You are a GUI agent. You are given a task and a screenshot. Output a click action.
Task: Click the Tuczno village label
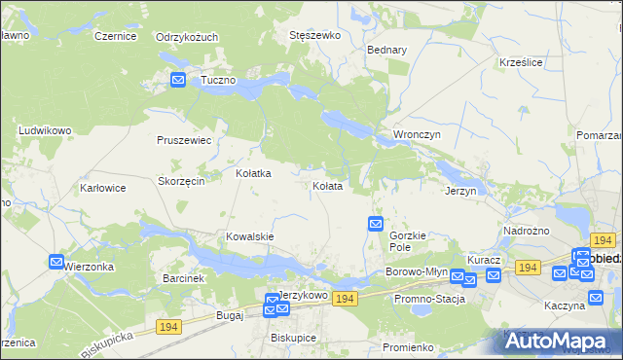[218, 80]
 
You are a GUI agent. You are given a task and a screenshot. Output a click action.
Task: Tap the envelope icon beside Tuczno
[178, 80]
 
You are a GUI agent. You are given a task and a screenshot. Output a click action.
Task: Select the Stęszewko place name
[314, 35]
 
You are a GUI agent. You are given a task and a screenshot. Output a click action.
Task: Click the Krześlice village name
[520, 61]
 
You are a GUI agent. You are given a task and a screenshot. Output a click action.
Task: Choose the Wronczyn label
[417, 133]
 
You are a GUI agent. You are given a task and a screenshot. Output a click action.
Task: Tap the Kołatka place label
[253, 173]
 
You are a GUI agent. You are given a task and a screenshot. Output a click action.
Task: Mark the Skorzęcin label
[180, 181]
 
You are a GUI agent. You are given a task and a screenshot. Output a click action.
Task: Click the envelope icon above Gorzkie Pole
[376, 224]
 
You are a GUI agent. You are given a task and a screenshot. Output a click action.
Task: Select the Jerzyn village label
[460, 191]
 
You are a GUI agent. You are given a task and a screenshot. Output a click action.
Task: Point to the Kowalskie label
[249, 236]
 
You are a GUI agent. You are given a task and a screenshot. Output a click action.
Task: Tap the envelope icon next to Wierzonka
[56, 262]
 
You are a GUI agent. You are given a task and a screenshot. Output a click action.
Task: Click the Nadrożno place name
[526, 231]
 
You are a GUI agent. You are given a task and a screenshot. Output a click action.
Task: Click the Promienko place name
[407, 347]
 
